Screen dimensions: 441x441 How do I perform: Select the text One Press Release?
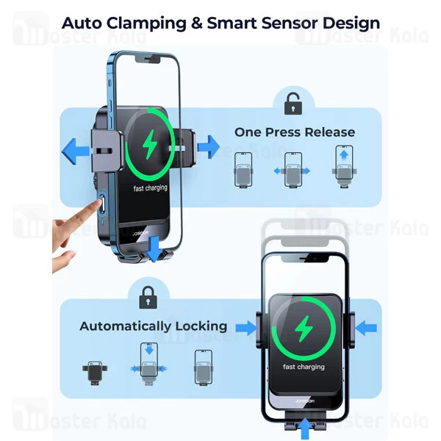[294, 132]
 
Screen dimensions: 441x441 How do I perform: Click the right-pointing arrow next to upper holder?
[209, 147]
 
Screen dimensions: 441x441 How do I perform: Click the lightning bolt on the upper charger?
[151, 144]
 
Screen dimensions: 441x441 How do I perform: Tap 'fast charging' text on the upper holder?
[150, 188]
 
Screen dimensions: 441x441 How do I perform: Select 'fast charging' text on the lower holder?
[304, 367]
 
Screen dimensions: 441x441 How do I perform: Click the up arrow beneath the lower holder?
[304, 426]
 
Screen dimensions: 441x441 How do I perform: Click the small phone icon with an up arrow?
[343, 164]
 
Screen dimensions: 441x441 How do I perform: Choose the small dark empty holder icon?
[93, 371]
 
